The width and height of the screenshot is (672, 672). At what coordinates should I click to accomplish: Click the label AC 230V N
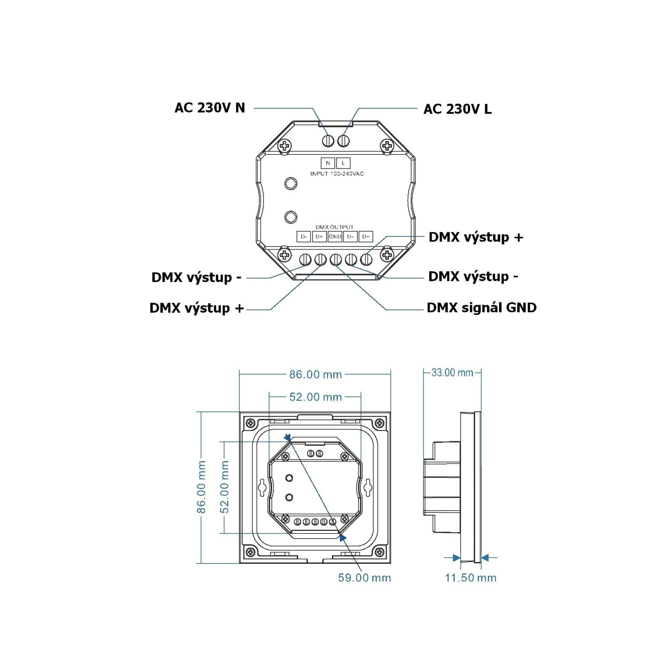click(210, 108)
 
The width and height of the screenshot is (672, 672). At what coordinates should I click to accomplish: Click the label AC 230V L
click(457, 109)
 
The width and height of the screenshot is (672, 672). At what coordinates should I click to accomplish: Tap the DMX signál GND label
click(482, 307)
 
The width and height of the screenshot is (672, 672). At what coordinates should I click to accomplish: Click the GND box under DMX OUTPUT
click(335, 237)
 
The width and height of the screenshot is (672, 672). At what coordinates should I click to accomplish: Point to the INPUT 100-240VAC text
click(337, 174)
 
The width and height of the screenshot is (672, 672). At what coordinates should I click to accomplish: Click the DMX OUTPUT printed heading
click(335, 227)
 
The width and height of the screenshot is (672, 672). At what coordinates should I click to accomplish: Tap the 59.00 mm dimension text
click(365, 578)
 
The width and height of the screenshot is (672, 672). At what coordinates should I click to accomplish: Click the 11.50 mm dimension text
click(471, 578)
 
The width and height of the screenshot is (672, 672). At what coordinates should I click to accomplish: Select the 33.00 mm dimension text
click(452, 373)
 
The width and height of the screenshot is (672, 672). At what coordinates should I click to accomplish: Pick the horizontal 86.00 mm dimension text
click(316, 374)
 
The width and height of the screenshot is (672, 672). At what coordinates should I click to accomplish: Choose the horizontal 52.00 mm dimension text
click(316, 397)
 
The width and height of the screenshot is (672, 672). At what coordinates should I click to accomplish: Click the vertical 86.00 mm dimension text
click(201, 487)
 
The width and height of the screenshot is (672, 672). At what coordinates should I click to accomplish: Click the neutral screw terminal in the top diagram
click(328, 141)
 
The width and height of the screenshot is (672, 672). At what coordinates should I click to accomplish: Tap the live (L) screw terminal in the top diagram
click(343, 141)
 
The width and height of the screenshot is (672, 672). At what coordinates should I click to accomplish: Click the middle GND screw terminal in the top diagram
click(336, 259)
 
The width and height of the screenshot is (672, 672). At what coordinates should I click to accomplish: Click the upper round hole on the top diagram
click(291, 183)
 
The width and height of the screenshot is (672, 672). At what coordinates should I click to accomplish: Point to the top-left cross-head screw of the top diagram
click(285, 145)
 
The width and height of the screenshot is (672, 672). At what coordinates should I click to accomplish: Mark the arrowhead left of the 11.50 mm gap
click(457, 557)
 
